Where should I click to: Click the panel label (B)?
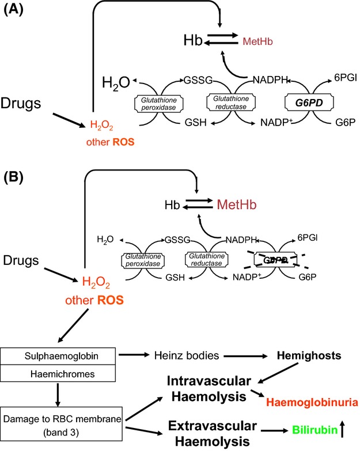(13, 177)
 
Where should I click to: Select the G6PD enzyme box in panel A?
(309, 103)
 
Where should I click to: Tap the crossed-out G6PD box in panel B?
(275, 260)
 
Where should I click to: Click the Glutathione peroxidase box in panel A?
(159, 104)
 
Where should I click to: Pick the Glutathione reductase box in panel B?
(206, 260)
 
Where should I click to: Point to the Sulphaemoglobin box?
(58, 356)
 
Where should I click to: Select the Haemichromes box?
(58, 373)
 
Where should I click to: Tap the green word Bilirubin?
(315, 430)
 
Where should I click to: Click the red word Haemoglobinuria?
(312, 402)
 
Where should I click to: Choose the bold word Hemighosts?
(309, 355)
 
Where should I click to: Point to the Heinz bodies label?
(187, 355)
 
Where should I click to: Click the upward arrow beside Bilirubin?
(342, 429)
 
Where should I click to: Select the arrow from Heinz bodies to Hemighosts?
(245, 356)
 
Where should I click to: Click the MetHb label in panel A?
(257, 41)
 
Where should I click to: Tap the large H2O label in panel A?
(116, 83)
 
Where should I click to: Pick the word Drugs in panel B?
(21, 260)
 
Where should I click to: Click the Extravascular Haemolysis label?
(212, 434)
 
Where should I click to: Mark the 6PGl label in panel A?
(346, 77)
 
